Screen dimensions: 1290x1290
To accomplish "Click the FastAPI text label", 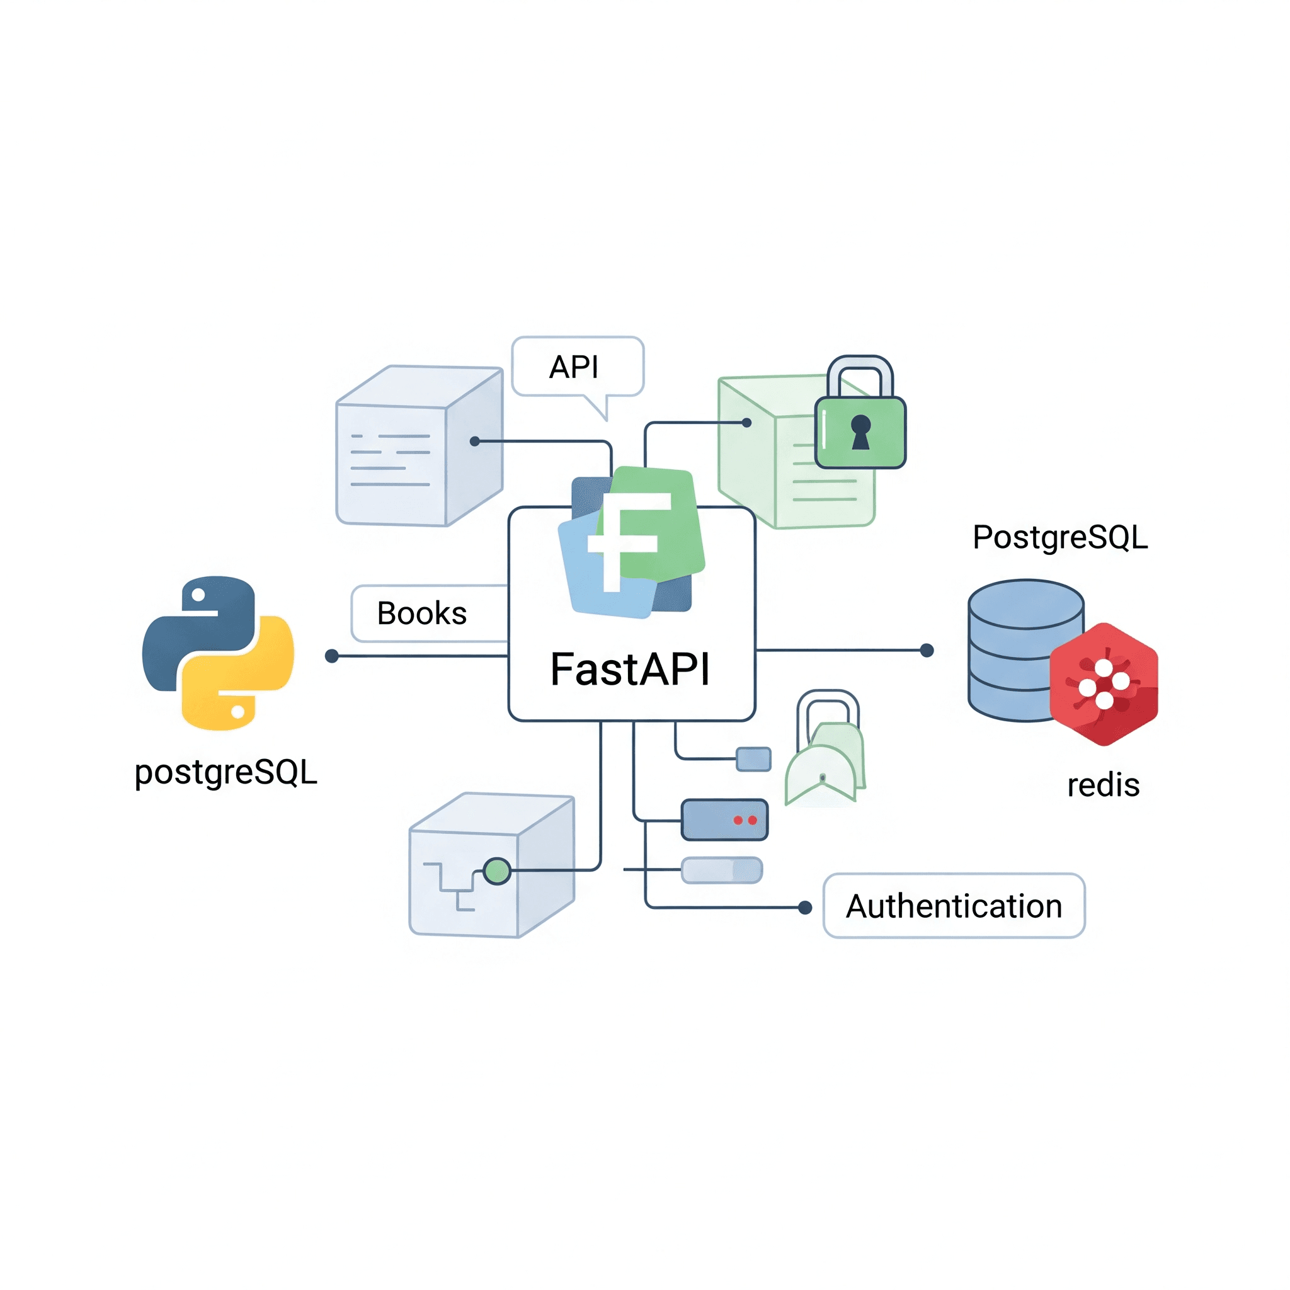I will tap(630, 669).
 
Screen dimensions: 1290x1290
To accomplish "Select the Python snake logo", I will tap(218, 653).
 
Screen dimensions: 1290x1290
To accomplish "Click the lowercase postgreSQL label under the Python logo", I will tap(225, 772).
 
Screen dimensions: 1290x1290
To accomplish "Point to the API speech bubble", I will tap(577, 367).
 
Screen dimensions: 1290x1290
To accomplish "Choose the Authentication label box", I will tap(954, 906).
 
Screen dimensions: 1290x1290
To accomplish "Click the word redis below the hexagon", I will tap(1103, 785).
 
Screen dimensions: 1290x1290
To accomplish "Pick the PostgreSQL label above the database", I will tap(1059, 537).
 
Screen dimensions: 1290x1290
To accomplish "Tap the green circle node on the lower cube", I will tap(497, 871).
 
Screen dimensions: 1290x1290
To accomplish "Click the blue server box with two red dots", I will tap(724, 820).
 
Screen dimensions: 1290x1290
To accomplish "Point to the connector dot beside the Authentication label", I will tap(805, 908).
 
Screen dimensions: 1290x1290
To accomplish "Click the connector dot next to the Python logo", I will tap(331, 656).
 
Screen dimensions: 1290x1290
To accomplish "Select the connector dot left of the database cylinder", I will tap(927, 650).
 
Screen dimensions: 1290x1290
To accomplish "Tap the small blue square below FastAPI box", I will tap(753, 759).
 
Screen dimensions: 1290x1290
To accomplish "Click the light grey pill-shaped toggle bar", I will tap(721, 870).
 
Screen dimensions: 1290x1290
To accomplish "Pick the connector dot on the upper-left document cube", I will tap(475, 442).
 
